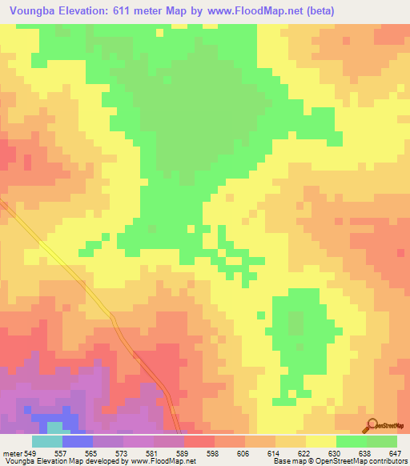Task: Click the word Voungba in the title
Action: pos(34,10)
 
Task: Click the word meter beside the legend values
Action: pos(11,453)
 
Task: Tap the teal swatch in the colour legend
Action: pos(47,441)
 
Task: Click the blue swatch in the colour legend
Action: pos(78,441)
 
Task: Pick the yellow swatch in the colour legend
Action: pos(321,441)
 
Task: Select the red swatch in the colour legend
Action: pos(199,441)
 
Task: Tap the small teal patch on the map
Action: pos(54,428)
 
